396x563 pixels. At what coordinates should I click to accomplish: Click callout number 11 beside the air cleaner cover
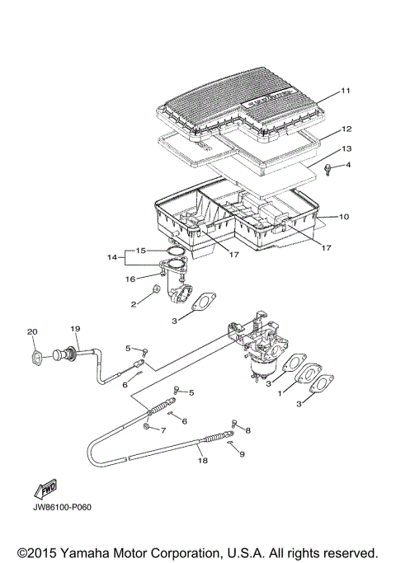pos(346,90)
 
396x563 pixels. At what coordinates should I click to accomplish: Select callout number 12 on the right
pos(346,129)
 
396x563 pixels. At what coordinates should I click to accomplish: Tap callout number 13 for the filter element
pos(346,148)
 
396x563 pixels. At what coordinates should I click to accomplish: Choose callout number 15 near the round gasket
pos(140,250)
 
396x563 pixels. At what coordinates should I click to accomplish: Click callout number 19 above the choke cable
pos(75,327)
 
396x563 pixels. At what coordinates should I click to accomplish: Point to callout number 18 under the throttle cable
pos(201,462)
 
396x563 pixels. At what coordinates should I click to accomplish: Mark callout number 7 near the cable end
pos(163,430)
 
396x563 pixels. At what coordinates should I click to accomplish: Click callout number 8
pos(247,430)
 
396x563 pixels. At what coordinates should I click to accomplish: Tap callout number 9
pos(243,453)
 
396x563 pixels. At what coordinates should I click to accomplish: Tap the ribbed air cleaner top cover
pos(247,107)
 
